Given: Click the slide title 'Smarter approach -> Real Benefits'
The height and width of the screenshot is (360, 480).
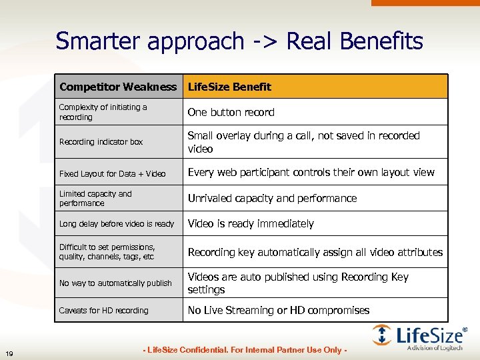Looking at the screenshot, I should coord(239,41).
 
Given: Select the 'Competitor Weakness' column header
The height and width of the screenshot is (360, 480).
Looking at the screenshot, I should coord(118,87).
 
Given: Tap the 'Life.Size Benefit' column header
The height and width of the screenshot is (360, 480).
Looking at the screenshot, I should coord(229,87).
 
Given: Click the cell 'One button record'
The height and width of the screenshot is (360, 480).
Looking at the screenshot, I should coord(231,112).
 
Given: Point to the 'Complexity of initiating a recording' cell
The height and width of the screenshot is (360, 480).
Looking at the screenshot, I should coord(103,112).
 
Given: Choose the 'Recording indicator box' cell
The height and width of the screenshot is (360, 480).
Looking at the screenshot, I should coord(101,142).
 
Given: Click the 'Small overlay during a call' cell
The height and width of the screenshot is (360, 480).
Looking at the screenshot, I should coord(303,142).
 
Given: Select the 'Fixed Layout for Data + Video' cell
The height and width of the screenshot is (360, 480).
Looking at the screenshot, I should coord(112,173).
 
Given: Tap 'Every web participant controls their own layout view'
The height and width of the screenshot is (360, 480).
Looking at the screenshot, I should coord(311,172).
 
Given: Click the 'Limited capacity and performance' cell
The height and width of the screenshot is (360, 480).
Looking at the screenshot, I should coord(95,198).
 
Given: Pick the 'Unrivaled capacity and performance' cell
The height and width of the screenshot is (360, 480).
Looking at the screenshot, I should coord(272,198).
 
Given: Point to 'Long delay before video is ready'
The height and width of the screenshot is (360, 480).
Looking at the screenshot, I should coord(116,224).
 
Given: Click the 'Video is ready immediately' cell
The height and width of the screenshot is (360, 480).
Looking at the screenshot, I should coord(251,224).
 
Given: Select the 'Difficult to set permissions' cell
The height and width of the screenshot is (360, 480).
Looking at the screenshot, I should coord(107,251).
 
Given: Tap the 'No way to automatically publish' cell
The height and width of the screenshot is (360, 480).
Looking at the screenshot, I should coord(115,283).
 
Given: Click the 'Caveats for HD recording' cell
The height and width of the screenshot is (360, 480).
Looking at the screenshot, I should coord(103,311).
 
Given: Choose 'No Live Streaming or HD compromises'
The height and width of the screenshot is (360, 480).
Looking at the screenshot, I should coord(278,310).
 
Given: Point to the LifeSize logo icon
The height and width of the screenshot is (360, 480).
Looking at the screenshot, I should coord(382,335).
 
